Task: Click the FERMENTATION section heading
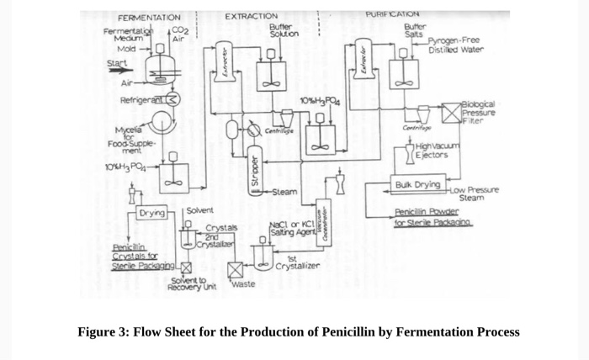point(149,18)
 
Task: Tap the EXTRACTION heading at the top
point(252,16)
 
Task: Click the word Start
point(117,63)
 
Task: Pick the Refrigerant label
point(139,99)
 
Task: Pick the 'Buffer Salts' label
point(416,30)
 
